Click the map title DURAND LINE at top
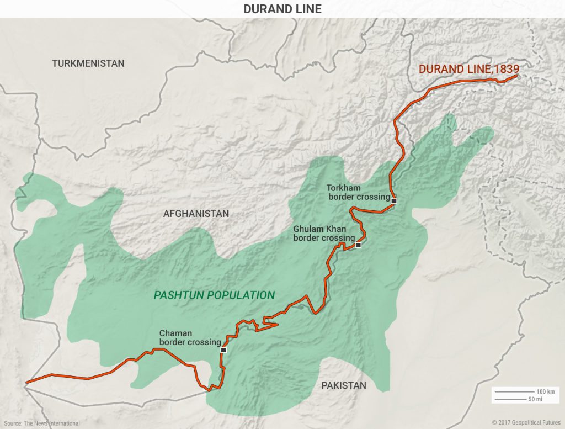(282, 9)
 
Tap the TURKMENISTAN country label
(88, 63)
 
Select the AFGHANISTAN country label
(196, 214)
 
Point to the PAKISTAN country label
(344, 385)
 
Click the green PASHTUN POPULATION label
(214, 295)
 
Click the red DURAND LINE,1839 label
(469, 70)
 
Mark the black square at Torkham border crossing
(393, 202)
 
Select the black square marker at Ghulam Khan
(358, 245)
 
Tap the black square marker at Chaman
(223, 350)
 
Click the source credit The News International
(52, 423)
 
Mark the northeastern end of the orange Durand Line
(516, 76)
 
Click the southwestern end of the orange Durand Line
(26, 382)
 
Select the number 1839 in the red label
(507, 70)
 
